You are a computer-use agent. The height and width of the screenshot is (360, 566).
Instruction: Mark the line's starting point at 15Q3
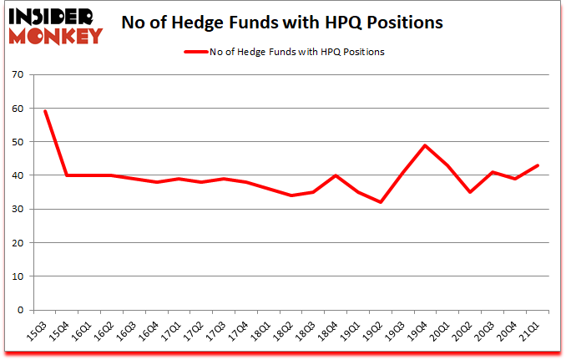coord(45,111)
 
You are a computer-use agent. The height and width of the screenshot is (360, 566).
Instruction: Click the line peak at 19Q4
coord(427,145)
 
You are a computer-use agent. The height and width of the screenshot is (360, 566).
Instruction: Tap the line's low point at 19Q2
coord(382,202)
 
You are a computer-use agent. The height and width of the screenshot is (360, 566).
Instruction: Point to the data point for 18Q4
coord(336,175)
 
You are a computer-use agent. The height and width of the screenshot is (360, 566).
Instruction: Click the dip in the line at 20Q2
coord(472,192)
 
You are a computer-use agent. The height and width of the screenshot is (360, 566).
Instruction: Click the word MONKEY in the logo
coord(57,35)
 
